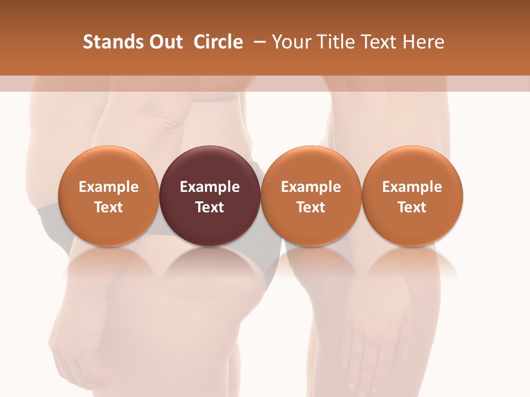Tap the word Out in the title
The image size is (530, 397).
tap(164, 42)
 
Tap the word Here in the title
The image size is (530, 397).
tap(425, 42)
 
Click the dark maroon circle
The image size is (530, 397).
tap(210, 165)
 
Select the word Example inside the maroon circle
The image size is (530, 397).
tap(210, 187)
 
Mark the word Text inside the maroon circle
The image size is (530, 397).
tap(210, 207)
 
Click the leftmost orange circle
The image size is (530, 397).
tap(109, 165)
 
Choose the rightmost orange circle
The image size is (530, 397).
tap(412, 165)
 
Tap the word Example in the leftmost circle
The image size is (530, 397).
tap(109, 187)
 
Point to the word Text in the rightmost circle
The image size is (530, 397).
tap(412, 207)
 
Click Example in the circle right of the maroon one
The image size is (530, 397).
tap(311, 187)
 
